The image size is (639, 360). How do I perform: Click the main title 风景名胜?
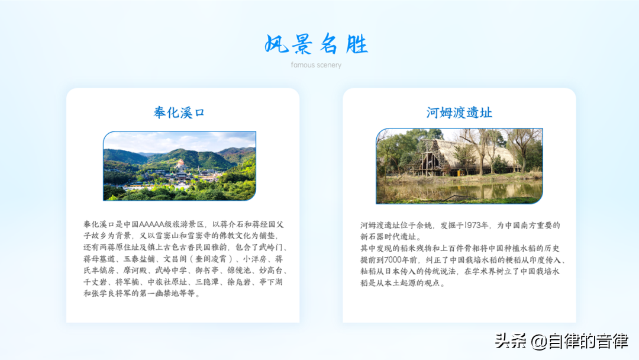coord(316,44)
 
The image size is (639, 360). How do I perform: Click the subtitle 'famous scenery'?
coord(316,65)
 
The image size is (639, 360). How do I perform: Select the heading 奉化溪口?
coord(179,112)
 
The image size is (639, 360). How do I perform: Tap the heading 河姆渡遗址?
coord(459,112)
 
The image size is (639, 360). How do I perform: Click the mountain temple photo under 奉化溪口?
coord(180,166)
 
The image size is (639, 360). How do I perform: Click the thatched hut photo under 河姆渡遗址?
coord(459,166)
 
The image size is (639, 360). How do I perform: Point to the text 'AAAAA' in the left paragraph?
coord(151,224)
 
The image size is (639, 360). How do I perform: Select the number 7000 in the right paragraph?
coord(393,260)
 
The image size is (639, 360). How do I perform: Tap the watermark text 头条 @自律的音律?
coord(561,341)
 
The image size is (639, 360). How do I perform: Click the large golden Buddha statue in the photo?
coord(180,164)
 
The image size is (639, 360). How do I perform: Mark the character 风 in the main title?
coord(277,44)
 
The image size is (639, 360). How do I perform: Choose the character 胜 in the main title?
coord(357,44)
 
